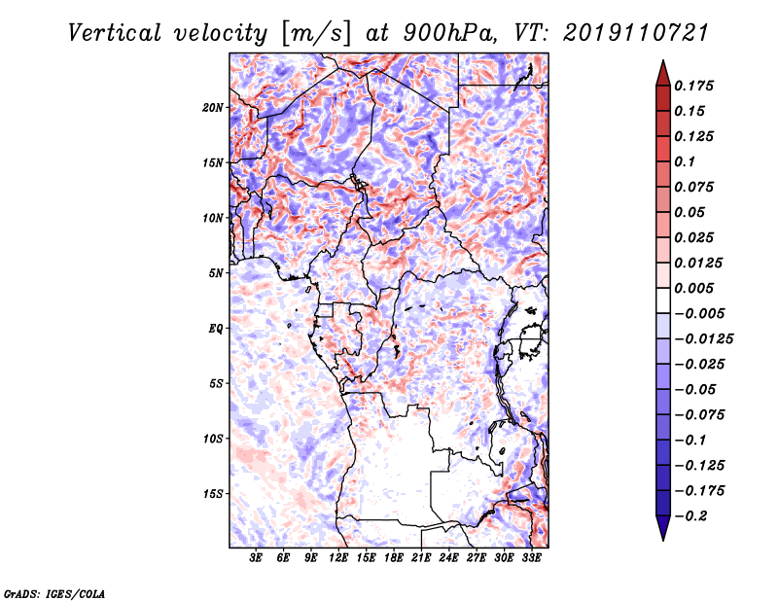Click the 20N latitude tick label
point(212,108)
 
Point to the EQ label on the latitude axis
point(215,329)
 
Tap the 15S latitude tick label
point(213,494)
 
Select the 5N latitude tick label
point(216,273)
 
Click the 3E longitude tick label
point(256,558)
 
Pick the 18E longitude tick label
point(394,558)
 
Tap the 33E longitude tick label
point(531,558)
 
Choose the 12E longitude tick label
point(338,558)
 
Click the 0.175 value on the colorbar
point(693,86)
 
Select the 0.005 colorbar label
point(693,288)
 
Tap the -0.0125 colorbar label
point(703,339)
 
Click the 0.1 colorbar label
point(685,161)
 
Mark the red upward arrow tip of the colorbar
point(663,61)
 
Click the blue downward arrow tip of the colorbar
point(663,540)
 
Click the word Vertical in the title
point(115,33)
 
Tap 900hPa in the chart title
point(449,33)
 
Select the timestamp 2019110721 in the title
point(636,33)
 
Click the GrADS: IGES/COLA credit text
point(54,594)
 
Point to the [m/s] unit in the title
point(316,34)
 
